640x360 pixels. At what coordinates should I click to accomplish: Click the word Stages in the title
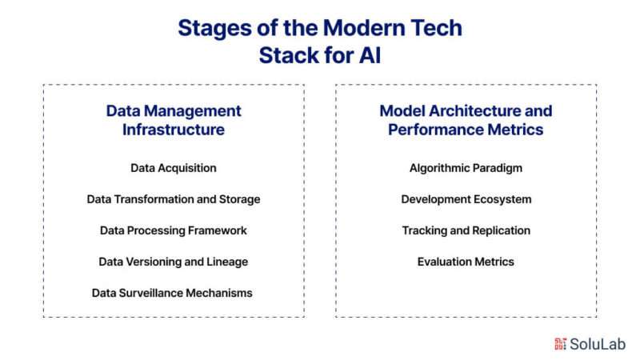tap(214, 29)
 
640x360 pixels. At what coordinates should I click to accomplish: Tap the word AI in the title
tap(370, 55)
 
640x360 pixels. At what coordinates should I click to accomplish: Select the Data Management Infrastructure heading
tap(174, 120)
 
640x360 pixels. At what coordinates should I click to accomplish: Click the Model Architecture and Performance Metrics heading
tap(466, 120)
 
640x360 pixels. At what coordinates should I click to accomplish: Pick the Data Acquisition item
tap(174, 168)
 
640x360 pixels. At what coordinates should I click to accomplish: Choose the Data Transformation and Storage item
tap(174, 199)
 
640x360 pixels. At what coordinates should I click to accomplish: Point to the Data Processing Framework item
tap(174, 230)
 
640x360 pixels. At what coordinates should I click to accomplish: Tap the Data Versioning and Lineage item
tap(174, 262)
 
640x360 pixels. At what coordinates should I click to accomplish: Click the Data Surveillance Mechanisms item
tap(172, 293)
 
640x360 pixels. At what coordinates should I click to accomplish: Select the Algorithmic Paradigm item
tap(466, 168)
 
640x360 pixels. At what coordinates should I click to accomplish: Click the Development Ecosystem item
tap(466, 199)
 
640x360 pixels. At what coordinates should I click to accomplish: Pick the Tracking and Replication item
tap(466, 230)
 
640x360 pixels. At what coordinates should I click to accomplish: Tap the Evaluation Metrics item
tap(466, 262)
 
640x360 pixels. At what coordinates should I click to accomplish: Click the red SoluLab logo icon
tap(561, 344)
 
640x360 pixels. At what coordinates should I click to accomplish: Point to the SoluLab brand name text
tap(598, 344)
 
